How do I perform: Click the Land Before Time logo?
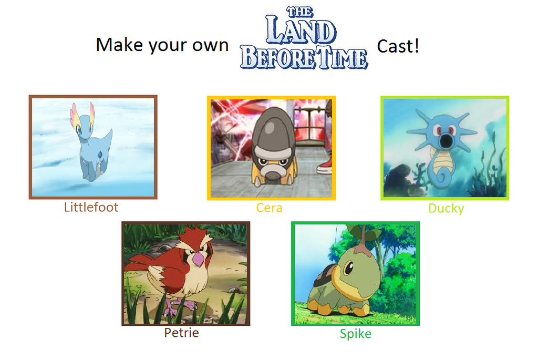point(304,39)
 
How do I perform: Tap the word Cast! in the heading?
point(398,46)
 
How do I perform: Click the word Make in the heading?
point(119,45)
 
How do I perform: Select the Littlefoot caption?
point(91,207)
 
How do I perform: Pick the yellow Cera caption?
point(269,208)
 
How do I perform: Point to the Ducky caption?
point(446,209)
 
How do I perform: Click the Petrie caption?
point(181,333)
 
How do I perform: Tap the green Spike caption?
point(355,334)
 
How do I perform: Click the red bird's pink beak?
point(199,260)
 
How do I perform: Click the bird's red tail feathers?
point(139,260)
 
